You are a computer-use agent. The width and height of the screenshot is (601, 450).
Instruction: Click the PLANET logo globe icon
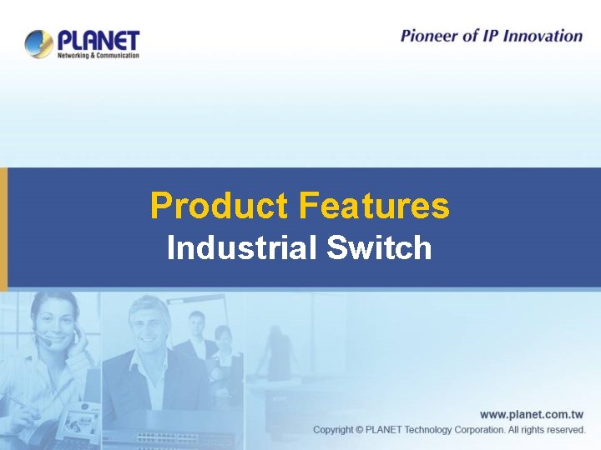38,43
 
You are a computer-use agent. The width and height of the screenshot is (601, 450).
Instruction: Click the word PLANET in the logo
98,40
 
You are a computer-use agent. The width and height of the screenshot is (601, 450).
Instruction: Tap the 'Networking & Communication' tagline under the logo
98,55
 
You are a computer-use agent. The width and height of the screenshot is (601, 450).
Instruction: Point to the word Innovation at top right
543,35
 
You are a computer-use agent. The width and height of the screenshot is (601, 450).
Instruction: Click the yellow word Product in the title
219,206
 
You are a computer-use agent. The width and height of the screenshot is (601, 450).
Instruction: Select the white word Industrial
243,248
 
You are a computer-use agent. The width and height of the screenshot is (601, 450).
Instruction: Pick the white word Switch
380,248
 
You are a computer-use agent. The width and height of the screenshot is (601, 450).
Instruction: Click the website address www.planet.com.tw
531,414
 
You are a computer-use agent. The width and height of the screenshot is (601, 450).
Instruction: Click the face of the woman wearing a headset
57,321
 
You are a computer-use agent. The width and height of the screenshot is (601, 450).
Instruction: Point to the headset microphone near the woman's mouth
48,342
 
